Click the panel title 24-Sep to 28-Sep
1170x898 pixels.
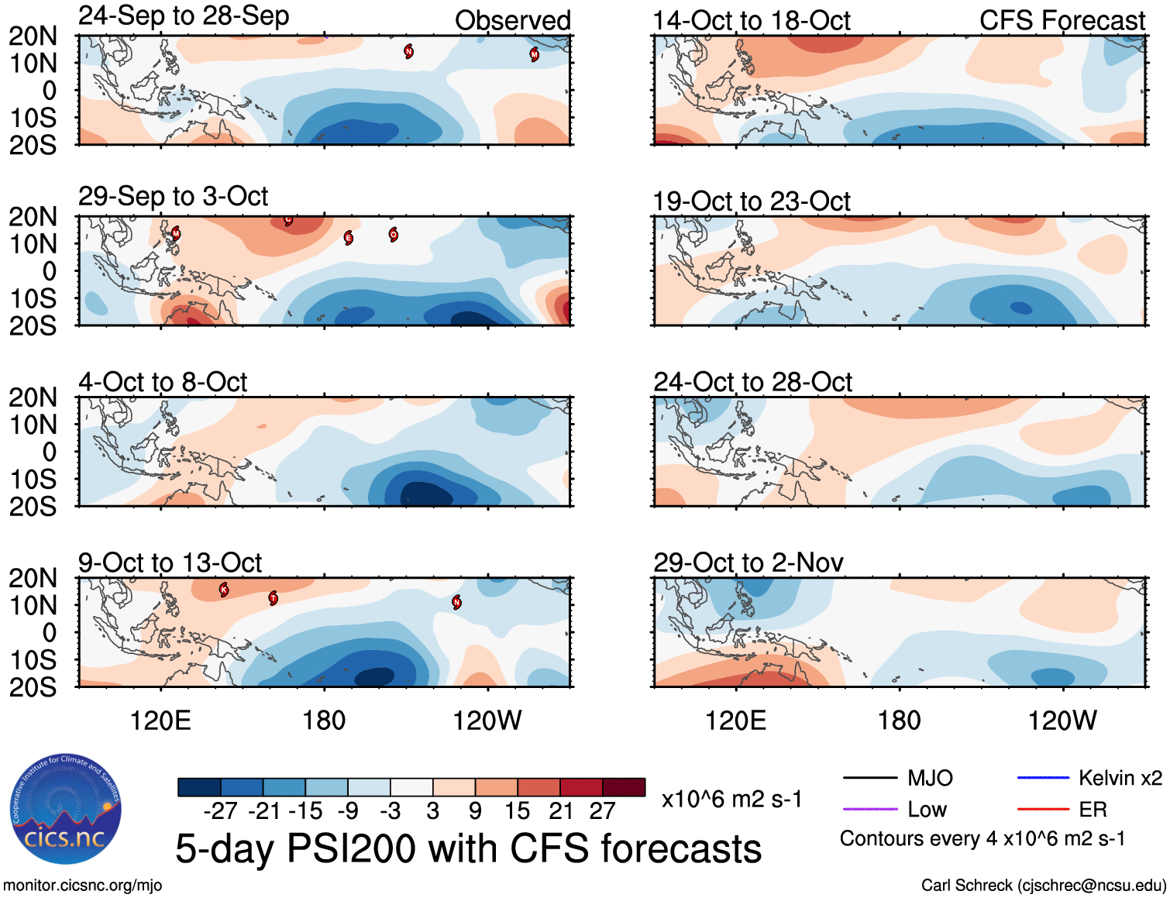(184, 16)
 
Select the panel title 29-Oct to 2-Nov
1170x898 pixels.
(748, 563)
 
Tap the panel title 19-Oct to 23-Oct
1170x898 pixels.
(751, 201)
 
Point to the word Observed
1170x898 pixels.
(512, 21)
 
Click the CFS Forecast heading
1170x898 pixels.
(1062, 21)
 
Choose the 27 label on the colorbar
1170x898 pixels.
(602, 811)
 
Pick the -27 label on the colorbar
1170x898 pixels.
(220, 811)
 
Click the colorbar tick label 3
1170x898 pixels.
(432, 811)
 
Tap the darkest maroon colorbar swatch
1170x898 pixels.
(624, 787)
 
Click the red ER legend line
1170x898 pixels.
(1043, 810)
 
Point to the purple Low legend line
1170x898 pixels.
(869, 810)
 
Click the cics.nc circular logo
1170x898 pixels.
(66, 810)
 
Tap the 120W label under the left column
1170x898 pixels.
(487, 721)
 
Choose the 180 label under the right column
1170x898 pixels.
(899, 721)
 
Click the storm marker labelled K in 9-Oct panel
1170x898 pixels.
(224, 590)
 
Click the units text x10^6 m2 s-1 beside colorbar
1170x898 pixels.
(731, 799)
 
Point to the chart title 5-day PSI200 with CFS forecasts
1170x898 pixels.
(468, 849)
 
